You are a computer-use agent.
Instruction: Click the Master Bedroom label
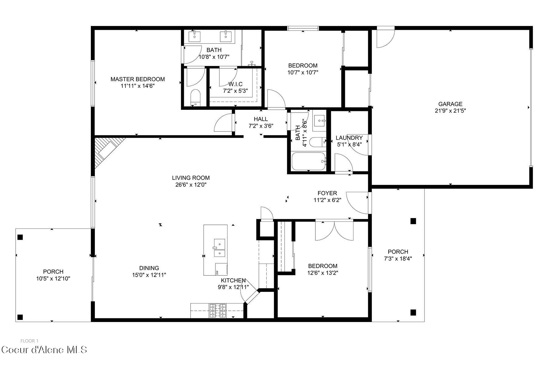(138, 79)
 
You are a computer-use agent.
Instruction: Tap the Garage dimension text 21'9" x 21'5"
(450, 111)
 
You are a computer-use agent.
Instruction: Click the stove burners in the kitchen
(217, 311)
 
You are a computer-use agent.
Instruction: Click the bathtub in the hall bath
(309, 162)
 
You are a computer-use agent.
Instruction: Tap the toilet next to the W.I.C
(195, 97)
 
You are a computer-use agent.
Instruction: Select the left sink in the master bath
(195, 36)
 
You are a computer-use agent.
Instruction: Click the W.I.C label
(235, 84)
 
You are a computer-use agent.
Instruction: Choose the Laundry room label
(349, 138)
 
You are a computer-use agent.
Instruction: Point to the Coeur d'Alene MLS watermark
(45, 350)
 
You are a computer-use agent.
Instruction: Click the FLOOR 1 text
(29, 341)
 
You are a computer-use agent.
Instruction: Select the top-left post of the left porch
(20, 237)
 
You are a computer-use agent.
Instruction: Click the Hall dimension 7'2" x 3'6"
(261, 126)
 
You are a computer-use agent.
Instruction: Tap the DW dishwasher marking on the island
(217, 272)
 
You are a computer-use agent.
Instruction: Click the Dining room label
(149, 268)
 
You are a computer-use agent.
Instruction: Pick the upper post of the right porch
(413, 221)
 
